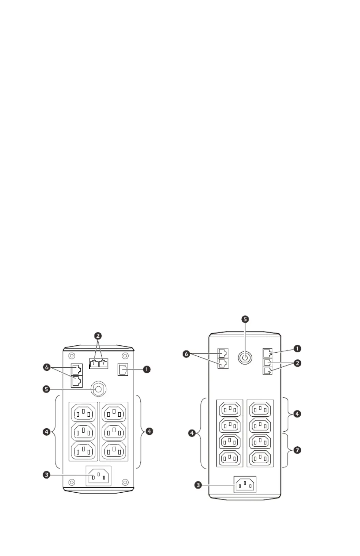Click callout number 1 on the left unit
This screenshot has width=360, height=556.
click(x=147, y=369)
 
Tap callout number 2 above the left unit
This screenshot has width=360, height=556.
click(x=98, y=336)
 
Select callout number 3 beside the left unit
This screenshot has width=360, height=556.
click(x=46, y=475)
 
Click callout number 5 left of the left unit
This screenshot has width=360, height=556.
click(x=46, y=389)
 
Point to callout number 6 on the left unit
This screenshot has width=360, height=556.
click(x=47, y=367)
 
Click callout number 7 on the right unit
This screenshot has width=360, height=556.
click(x=297, y=450)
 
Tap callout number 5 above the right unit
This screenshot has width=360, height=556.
click(x=245, y=319)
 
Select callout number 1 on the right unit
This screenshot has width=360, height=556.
click(x=297, y=349)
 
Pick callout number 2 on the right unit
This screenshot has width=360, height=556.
click(x=297, y=363)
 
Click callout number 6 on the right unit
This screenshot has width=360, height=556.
click(x=186, y=354)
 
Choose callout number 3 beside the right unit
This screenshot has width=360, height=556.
click(x=198, y=485)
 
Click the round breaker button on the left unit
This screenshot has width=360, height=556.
click(x=99, y=389)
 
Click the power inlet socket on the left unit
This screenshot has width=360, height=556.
click(x=99, y=476)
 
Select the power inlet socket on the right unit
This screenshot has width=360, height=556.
click(x=245, y=484)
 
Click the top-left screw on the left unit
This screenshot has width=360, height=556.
click(x=72, y=356)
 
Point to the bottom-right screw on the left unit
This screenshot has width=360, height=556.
click(x=125, y=482)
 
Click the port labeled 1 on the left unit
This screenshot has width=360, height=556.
click(x=123, y=370)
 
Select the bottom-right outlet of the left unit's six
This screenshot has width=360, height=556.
click(x=114, y=450)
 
